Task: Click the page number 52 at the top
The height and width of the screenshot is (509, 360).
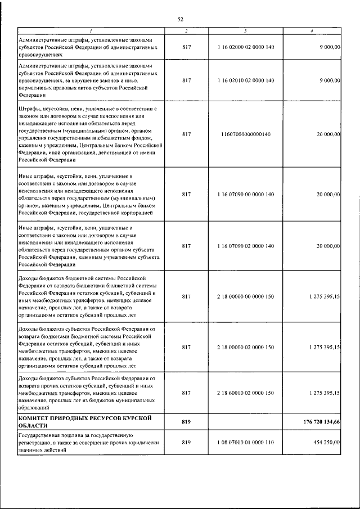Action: click(180, 19)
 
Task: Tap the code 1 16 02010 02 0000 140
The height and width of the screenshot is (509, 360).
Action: click(246, 80)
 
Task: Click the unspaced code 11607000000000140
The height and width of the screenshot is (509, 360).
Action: click(246, 134)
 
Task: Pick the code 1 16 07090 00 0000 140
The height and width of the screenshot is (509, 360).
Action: click(246, 194)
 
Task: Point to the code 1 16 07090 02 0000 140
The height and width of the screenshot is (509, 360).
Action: click(246, 246)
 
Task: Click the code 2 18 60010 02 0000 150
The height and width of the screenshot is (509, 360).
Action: click(246, 394)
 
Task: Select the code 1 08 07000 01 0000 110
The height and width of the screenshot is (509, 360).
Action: click(246, 443)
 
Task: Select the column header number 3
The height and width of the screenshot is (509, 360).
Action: click(246, 30)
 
